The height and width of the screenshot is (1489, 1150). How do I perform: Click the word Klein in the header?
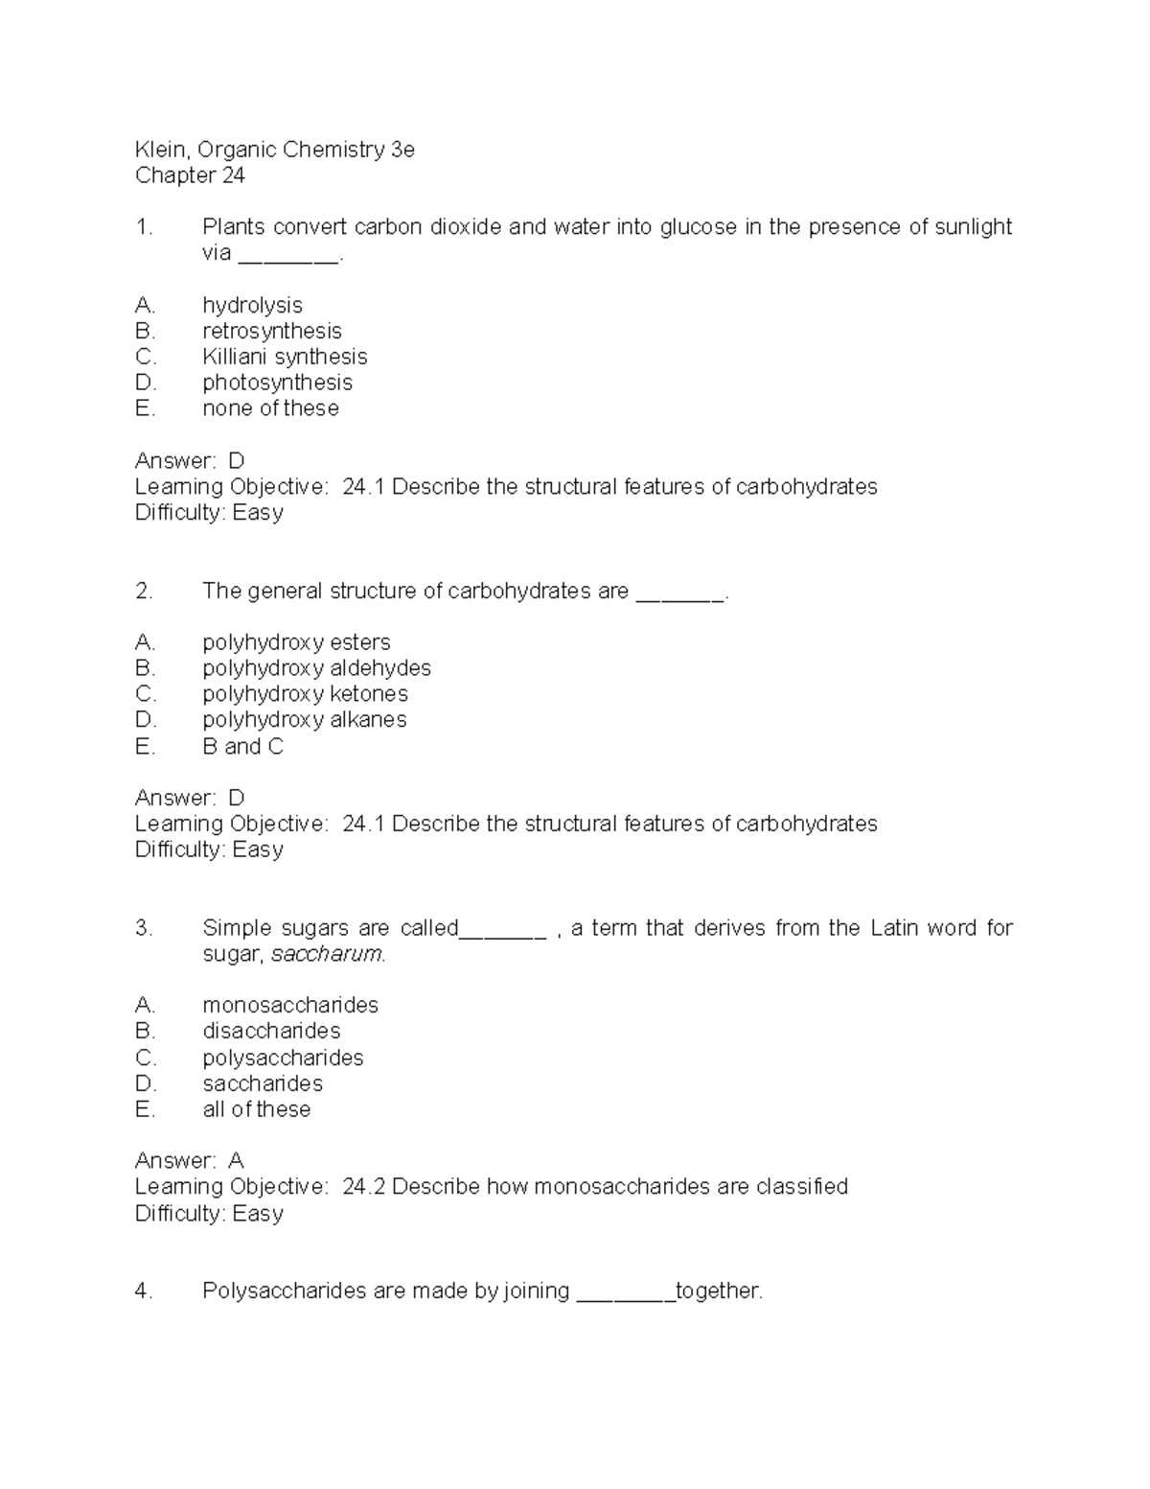coord(159,150)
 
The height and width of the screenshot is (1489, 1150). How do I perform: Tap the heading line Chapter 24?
coord(190,175)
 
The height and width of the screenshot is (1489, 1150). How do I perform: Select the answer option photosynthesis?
coord(277,383)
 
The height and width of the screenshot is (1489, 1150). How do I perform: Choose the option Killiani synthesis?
coord(285,357)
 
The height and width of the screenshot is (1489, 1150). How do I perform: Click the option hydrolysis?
coord(252,305)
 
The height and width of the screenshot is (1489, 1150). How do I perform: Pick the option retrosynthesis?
coord(271,331)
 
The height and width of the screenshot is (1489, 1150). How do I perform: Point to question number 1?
coord(144,227)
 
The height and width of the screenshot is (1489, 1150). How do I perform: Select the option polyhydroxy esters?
coord(296,642)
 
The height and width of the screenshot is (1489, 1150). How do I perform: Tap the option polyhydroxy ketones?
coord(305,694)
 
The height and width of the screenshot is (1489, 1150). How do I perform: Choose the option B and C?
coord(242,747)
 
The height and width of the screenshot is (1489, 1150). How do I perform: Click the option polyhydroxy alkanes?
coord(304,720)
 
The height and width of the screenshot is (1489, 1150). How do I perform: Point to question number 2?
coord(144,592)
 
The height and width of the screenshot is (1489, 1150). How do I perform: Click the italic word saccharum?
coord(328,955)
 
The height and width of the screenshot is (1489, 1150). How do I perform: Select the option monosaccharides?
coord(290,1005)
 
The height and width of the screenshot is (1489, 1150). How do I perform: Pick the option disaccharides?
coord(271,1031)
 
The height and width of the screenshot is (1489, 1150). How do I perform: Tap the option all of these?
coord(256,1109)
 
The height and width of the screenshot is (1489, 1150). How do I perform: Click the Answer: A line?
coord(190,1161)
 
